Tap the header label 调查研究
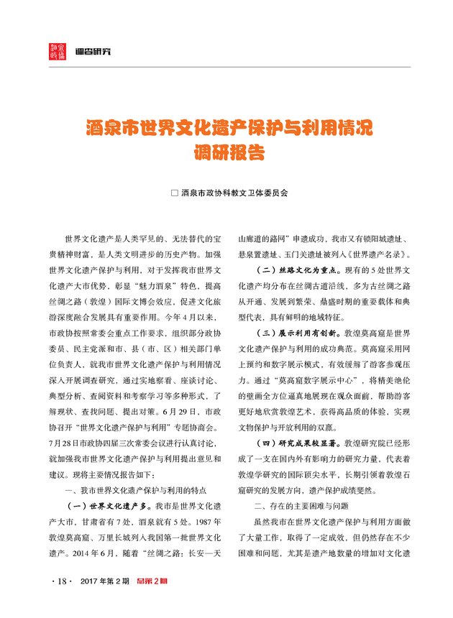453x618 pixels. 95,51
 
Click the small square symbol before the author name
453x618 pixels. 173,193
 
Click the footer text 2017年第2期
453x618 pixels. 104,581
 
